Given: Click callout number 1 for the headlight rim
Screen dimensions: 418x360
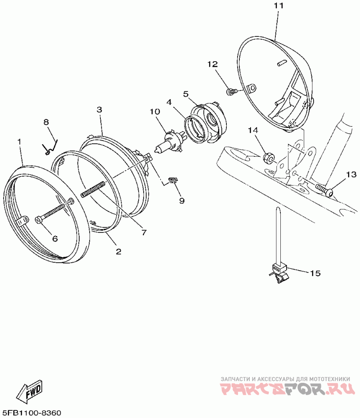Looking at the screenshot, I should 19,141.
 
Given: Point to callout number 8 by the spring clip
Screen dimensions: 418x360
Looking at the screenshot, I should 46,122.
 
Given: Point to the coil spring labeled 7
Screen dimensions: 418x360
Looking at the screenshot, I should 93,189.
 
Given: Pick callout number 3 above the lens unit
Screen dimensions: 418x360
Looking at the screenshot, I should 99,109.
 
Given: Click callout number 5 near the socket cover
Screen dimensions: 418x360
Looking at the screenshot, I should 185,94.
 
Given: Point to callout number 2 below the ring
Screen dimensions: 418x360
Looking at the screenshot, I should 118,252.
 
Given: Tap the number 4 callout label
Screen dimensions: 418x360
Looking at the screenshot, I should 169,102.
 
